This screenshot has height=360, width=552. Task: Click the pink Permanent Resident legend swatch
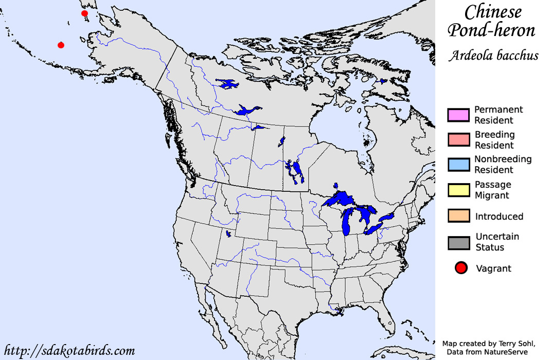click(x=458, y=115)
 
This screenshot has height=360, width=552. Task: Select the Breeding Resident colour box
click(x=458, y=139)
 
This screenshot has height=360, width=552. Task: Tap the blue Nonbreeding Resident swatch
click(x=458, y=165)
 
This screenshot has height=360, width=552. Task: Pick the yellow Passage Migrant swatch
click(x=458, y=190)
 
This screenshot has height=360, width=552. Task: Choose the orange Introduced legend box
click(x=458, y=217)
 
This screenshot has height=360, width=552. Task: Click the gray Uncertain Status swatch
click(x=458, y=242)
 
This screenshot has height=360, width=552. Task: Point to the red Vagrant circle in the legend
click(x=461, y=268)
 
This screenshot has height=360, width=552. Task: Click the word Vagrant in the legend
click(x=493, y=268)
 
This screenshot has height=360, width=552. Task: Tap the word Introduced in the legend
click(x=499, y=217)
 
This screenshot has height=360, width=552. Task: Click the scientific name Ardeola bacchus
click(x=493, y=56)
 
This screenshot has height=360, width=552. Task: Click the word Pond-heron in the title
click(x=491, y=30)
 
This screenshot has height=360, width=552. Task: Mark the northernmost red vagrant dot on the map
click(x=84, y=13)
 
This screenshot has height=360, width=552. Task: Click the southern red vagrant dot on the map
click(x=61, y=45)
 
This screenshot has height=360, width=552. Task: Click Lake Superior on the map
click(x=342, y=197)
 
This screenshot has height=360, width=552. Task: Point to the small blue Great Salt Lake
click(x=228, y=234)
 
